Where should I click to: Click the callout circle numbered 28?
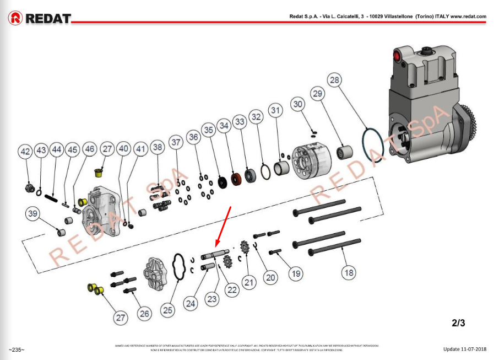(334, 80)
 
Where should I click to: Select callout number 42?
(26, 150)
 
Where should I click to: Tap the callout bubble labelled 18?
(348, 272)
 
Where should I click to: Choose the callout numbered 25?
(168, 309)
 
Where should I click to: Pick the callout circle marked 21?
(250, 282)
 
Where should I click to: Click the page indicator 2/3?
(458, 323)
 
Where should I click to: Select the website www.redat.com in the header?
(468, 17)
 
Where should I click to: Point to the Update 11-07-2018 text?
(465, 349)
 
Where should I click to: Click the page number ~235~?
(17, 350)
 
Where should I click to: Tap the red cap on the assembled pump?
(395, 55)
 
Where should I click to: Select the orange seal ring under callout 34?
(237, 180)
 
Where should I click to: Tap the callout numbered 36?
(193, 136)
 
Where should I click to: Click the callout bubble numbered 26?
(144, 313)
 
